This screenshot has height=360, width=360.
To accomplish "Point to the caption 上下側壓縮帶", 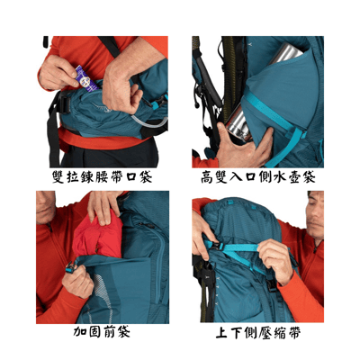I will tap(258, 332).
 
